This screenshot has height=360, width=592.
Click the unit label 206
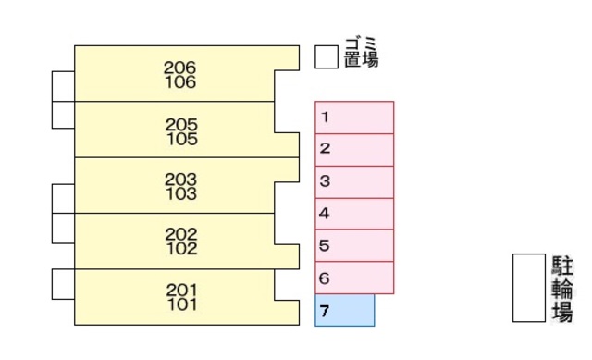point(180,68)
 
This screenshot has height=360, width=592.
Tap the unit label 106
point(180,82)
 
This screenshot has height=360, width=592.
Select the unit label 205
point(182,124)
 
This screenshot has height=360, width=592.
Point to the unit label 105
point(182,139)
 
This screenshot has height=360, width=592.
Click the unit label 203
point(181,179)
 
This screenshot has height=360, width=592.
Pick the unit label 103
point(181,193)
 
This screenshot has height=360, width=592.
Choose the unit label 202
point(181,234)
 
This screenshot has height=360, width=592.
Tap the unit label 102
point(181,248)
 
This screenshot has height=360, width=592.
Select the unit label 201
point(182,290)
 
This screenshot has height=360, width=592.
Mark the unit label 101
point(182,304)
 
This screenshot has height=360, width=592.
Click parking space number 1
point(354,118)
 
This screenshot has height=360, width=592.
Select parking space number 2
point(354,149)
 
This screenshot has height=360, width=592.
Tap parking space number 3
point(354,181)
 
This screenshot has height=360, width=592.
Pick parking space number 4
point(354,214)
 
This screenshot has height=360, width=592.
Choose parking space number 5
point(354,246)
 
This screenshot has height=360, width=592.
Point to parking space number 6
point(354,278)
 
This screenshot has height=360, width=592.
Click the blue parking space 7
point(345,310)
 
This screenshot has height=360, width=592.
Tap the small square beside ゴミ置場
point(326,57)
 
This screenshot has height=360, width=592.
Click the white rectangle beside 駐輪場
point(529,288)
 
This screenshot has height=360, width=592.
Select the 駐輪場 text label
point(561,288)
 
